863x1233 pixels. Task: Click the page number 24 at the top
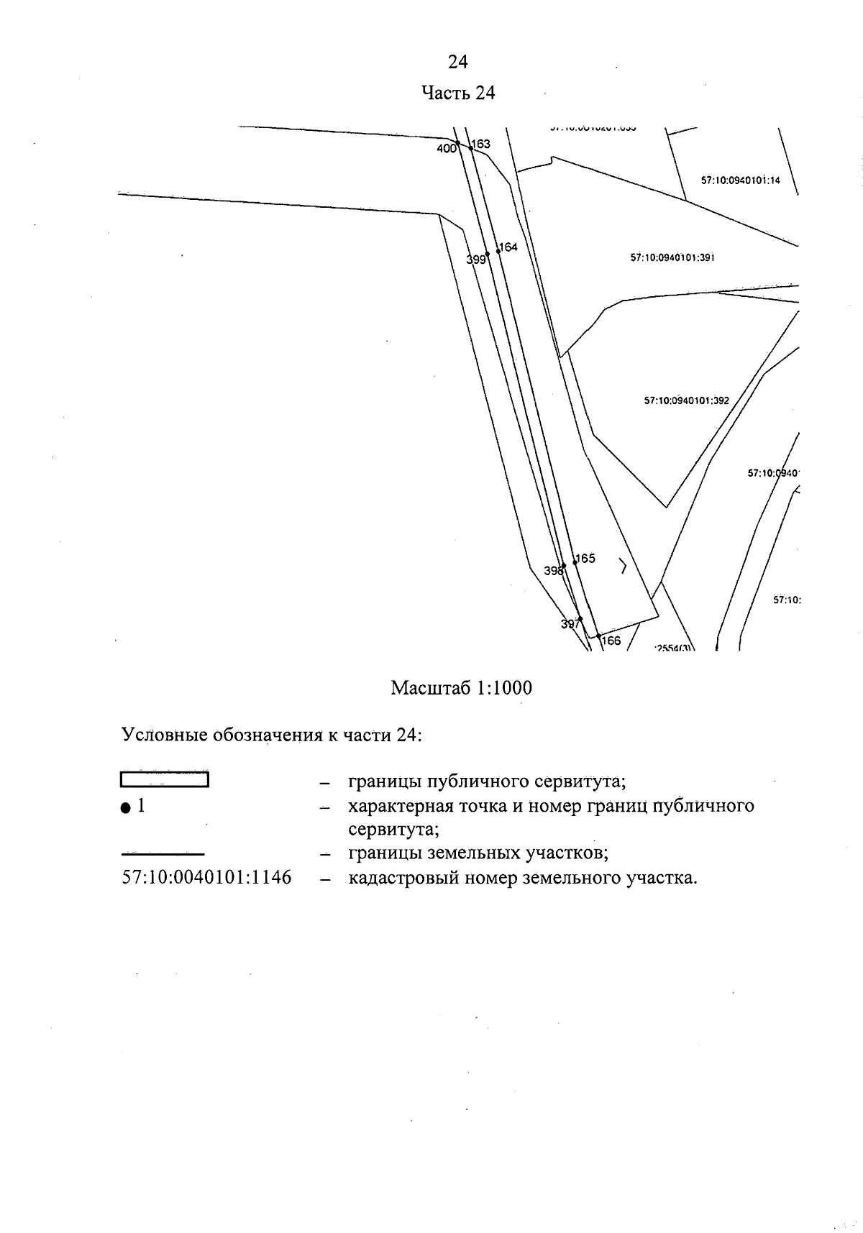458,63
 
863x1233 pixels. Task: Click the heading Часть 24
458,93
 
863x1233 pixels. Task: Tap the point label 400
446,149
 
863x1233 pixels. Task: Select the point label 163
481,144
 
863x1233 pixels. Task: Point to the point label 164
508,247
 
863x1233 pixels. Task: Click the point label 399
476,260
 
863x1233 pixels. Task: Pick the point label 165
585,558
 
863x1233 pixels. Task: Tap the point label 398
553,571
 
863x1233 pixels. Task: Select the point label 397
570,625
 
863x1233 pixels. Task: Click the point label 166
611,641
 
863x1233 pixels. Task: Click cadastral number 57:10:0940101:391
672,257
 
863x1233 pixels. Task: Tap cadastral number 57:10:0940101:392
686,400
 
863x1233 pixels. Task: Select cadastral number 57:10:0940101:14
740,181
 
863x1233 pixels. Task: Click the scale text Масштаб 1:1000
461,689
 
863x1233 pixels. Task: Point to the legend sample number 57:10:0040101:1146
206,878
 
